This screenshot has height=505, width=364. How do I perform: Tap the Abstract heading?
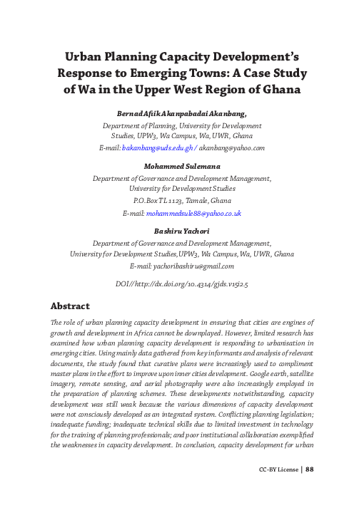[69, 306]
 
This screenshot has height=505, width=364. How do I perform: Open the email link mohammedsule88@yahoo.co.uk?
[194, 213]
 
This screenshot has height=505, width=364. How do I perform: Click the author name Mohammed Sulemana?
[182, 166]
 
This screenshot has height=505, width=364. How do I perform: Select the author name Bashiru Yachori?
[182, 231]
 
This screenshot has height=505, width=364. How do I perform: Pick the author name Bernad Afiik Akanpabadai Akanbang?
[182, 113]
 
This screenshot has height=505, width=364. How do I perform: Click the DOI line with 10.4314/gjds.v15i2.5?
[182, 283]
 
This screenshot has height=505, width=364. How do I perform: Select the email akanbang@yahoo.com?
[232, 148]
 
